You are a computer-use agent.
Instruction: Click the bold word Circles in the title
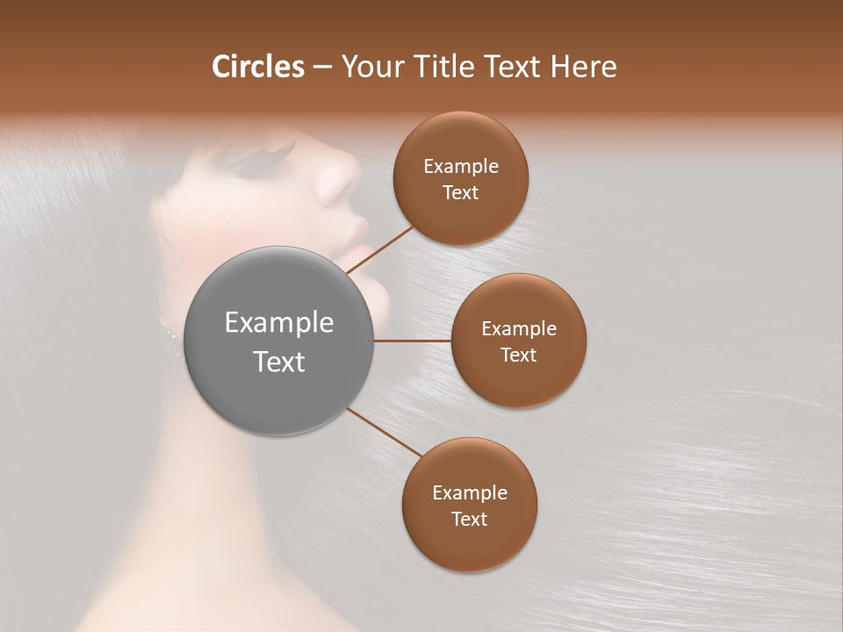tap(258, 67)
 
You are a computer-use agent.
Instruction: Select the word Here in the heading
tap(584, 67)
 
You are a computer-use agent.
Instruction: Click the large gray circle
tap(279, 341)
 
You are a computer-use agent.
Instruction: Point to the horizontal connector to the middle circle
tap(413, 341)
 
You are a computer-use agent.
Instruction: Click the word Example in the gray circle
tap(279, 323)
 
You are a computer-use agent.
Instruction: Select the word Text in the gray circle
tap(279, 362)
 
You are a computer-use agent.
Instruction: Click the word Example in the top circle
tap(460, 167)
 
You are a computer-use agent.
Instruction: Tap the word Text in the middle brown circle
tap(518, 355)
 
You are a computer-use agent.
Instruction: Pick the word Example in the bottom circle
tap(469, 493)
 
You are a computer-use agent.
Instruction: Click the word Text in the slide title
tap(514, 67)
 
